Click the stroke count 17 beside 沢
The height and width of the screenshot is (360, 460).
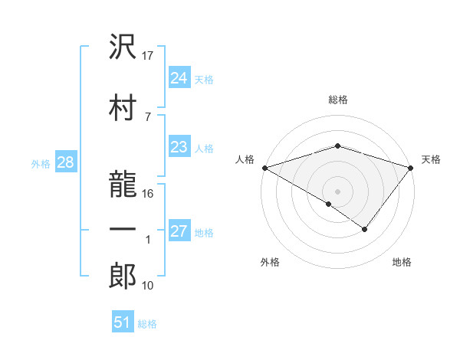coord(149,55)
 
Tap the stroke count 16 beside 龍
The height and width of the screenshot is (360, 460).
coord(149,193)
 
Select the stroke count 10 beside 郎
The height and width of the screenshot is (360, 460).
coord(149,286)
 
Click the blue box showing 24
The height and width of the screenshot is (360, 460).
coord(179,77)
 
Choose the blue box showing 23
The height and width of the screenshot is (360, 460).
coord(179,147)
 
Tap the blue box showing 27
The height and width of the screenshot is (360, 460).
coord(179,231)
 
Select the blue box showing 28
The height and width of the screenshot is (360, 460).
coord(65,162)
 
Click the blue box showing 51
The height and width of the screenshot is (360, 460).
coord(123,322)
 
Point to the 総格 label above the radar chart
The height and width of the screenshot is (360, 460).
coord(338,100)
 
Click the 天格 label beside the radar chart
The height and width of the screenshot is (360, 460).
coord(431,159)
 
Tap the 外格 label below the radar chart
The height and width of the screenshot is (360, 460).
coord(270,263)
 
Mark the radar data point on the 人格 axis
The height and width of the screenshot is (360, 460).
coord(264,167)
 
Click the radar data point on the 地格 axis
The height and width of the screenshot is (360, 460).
coord(365,229)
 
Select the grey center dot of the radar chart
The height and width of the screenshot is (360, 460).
coord(337,191)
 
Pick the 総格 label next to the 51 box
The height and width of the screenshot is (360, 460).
coord(147,324)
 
